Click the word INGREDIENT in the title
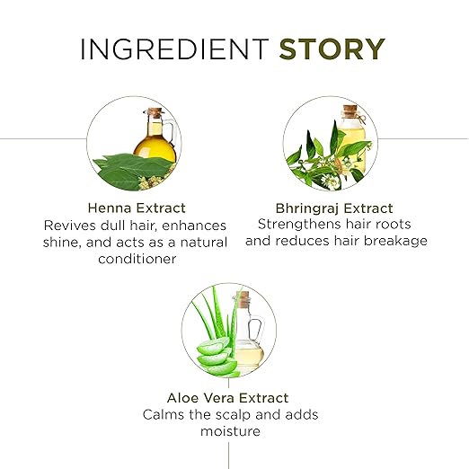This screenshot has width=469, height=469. coord(174,49)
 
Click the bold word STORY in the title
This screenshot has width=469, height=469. coord(332,49)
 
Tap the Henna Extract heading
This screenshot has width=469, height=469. coord(137,208)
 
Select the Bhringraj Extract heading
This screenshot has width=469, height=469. coord(334,208)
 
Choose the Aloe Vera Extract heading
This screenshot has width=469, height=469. coord(228,398)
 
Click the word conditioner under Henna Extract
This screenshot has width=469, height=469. coord(137,259)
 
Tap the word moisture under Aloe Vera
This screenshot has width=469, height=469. coord(230,431)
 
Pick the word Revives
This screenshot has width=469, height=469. coord(70,226)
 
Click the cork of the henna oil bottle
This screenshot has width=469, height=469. coord(155,112)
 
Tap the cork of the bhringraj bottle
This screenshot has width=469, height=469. coord(350,109)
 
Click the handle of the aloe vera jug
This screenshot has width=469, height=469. coord(257,330)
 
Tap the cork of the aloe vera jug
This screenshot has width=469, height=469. coord(243,299)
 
